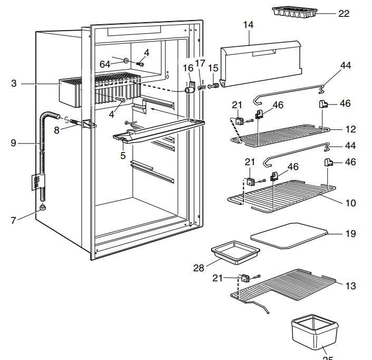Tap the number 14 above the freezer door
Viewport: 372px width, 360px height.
[x=249, y=25]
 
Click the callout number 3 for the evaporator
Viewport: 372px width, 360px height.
[x=15, y=83]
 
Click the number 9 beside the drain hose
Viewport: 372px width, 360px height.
[x=13, y=142]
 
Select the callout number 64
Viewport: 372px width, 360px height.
[x=105, y=64]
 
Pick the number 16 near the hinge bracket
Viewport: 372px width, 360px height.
[x=188, y=68]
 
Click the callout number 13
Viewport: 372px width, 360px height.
[x=350, y=286]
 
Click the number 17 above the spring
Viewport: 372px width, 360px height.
[x=200, y=63]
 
